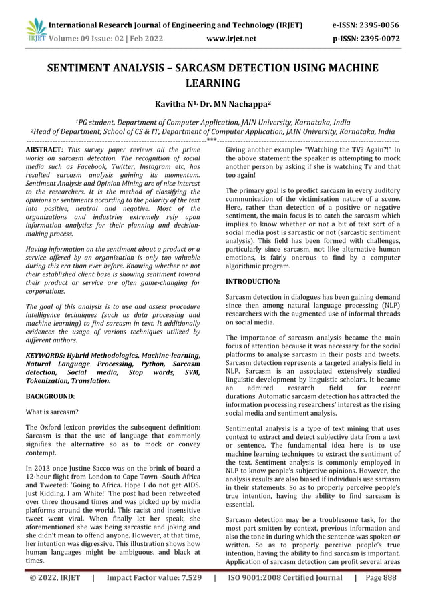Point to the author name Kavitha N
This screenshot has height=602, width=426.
tap(174, 104)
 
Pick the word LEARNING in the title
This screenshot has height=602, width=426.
tap(212, 83)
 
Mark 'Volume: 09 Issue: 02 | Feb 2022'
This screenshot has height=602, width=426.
tap(105, 39)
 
